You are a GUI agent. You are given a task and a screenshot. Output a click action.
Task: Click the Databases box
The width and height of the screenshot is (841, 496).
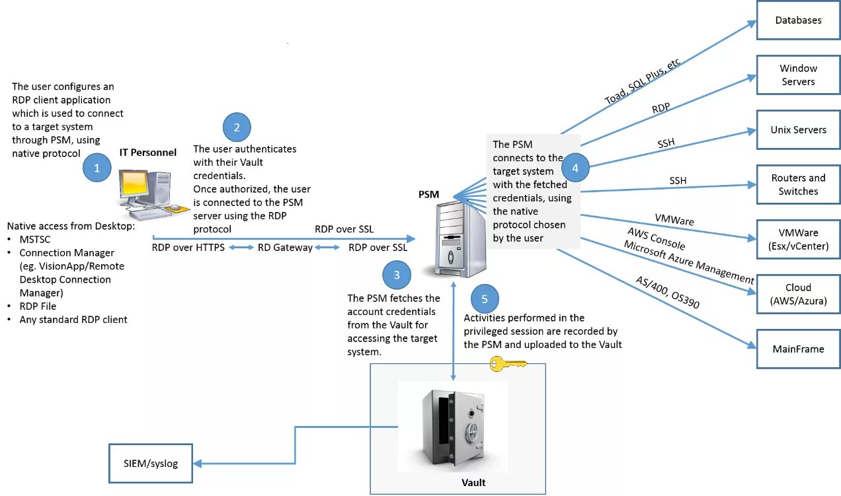click(x=798, y=20)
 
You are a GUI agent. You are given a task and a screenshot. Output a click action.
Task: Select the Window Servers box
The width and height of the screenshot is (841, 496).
click(x=798, y=75)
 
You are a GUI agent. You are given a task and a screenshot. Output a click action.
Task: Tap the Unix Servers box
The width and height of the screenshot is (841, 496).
click(x=798, y=130)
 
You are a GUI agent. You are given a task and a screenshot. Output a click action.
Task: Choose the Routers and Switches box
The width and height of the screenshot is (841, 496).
click(x=798, y=185)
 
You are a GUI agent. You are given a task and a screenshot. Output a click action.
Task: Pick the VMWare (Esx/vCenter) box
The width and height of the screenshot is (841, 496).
click(x=798, y=240)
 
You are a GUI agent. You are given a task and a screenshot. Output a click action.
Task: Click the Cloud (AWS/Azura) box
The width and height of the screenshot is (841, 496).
click(x=798, y=295)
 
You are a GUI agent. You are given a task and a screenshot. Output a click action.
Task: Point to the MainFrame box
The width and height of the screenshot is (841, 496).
click(x=798, y=349)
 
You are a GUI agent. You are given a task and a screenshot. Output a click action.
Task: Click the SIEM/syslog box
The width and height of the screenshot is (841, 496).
click(x=150, y=464)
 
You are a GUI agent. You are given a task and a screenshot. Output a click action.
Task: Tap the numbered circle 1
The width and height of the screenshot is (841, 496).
click(x=97, y=168)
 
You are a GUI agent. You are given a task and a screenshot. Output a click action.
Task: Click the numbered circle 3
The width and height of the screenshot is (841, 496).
click(x=397, y=275)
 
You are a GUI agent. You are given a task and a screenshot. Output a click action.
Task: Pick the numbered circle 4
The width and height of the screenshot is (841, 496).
click(x=575, y=168)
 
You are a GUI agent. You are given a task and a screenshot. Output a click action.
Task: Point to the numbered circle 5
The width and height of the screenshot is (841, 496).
click(x=485, y=299)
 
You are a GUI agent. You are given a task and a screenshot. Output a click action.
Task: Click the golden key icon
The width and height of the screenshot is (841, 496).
click(x=507, y=363)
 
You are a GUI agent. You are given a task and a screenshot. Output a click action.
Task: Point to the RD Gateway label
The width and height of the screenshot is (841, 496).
click(x=285, y=248)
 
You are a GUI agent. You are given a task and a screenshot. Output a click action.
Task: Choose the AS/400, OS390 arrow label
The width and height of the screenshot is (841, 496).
click(x=668, y=293)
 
